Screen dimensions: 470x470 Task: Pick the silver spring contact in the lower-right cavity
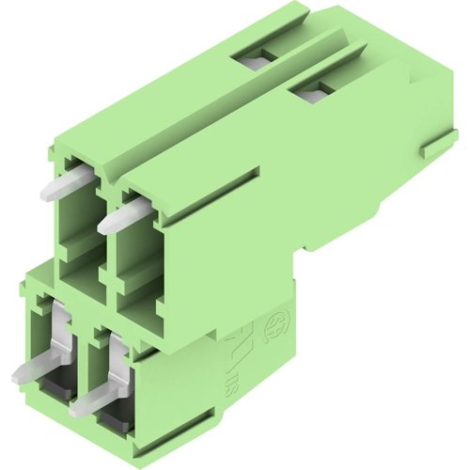click(117, 362)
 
